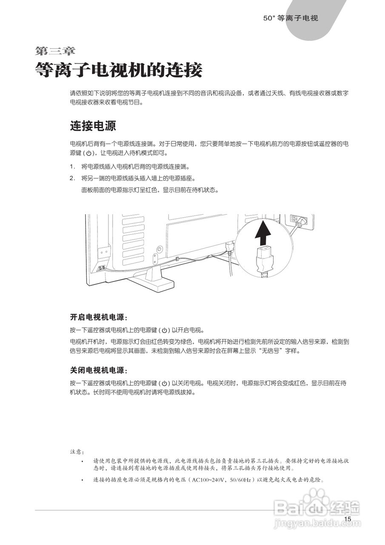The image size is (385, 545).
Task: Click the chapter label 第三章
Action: [55, 51]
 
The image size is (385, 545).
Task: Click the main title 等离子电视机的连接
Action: [118, 70]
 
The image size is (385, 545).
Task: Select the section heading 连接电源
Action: [93, 126]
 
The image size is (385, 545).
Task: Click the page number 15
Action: [348, 519]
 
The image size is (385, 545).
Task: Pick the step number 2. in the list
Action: [72, 178]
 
